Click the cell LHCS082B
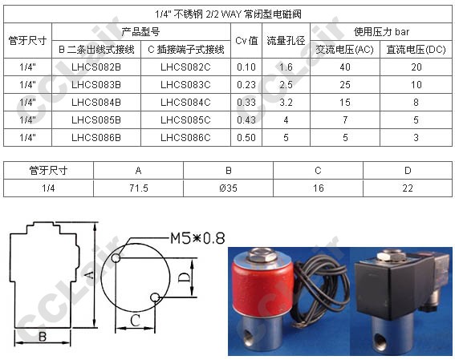(x=96, y=67)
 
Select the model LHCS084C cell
(x=185, y=103)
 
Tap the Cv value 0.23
(x=246, y=85)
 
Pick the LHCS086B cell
(x=96, y=137)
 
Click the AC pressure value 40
(x=345, y=67)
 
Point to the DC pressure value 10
(x=416, y=85)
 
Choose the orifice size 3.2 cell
(x=286, y=103)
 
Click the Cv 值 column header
(x=246, y=41)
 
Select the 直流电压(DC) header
(x=416, y=50)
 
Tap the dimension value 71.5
(x=139, y=188)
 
